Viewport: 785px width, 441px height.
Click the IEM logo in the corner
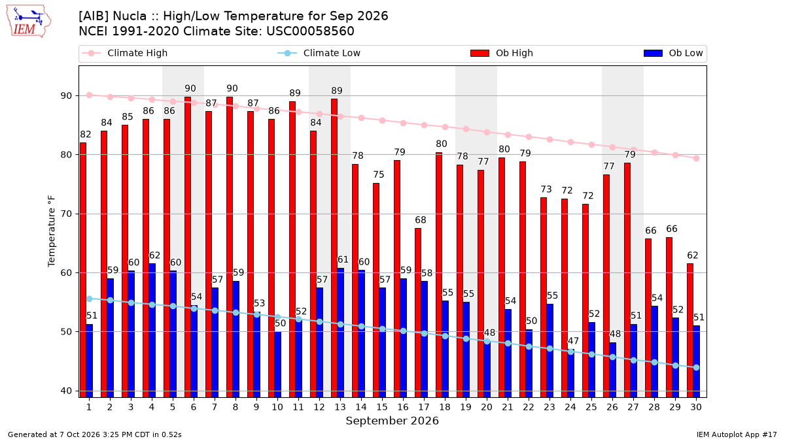pos(29,22)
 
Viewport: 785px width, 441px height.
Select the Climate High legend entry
pos(124,53)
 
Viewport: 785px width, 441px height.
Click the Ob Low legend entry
pos(673,53)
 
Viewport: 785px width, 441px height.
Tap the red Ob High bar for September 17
pos(418,313)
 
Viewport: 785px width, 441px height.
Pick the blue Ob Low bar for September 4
pos(152,331)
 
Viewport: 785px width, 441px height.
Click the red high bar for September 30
pos(690,331)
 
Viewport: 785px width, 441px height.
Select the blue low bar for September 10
pos(277,365)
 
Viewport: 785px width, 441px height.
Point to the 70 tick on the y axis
pos(66,214)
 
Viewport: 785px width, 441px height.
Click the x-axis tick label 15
pos(382,408)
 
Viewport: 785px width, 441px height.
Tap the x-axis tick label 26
pos(612,408)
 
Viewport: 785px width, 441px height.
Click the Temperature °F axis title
pos(52,231)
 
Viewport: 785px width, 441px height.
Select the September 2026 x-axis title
pos(392,421)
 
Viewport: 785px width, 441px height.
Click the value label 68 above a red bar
pos(421,220)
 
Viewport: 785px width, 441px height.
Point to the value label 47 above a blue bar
pos(573,341)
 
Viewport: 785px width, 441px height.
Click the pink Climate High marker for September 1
pos(90,95)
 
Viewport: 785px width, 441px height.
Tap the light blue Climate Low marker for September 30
pos(696,367)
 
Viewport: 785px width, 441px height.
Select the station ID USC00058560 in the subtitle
pos(310,31)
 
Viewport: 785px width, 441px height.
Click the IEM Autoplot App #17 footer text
pos(737,434)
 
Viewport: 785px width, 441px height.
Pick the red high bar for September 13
pos(334,248)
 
